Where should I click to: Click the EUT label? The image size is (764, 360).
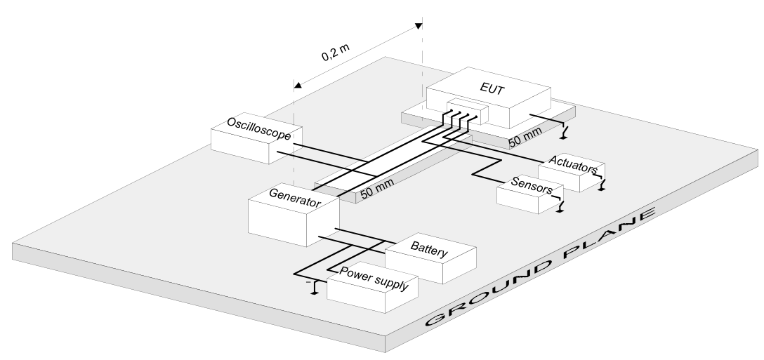[x=492, y=88]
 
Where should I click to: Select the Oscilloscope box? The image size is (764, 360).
[x=256, y=139]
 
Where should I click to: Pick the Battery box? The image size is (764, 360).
[x=430, y=258]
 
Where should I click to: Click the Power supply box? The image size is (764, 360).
[x=372, y=288]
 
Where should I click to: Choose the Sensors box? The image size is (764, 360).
[x=530, y=194]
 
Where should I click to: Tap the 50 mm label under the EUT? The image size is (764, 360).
[x=525, y=138]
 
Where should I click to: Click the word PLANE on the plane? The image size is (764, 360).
[x=610, y=232]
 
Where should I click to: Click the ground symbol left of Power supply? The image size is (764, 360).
[x=315, y=288]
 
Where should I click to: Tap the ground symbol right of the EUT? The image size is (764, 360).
[x=564, y=133]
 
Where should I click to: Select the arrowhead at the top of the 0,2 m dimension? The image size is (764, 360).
[x=418, y=26]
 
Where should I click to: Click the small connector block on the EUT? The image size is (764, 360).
[x=467, y=111]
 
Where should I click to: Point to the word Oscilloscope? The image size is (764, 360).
[x=258, y=128]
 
